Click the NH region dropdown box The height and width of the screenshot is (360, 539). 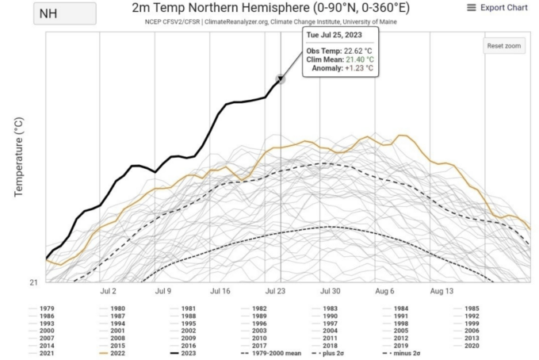[63, 13]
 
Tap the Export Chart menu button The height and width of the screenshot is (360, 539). [498, 8]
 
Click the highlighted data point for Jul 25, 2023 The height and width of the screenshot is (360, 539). [280, 79]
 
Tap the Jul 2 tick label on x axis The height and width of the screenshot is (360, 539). [109, 292]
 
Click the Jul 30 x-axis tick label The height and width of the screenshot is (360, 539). [331, 292]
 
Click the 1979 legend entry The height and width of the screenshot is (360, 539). [43, 308]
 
